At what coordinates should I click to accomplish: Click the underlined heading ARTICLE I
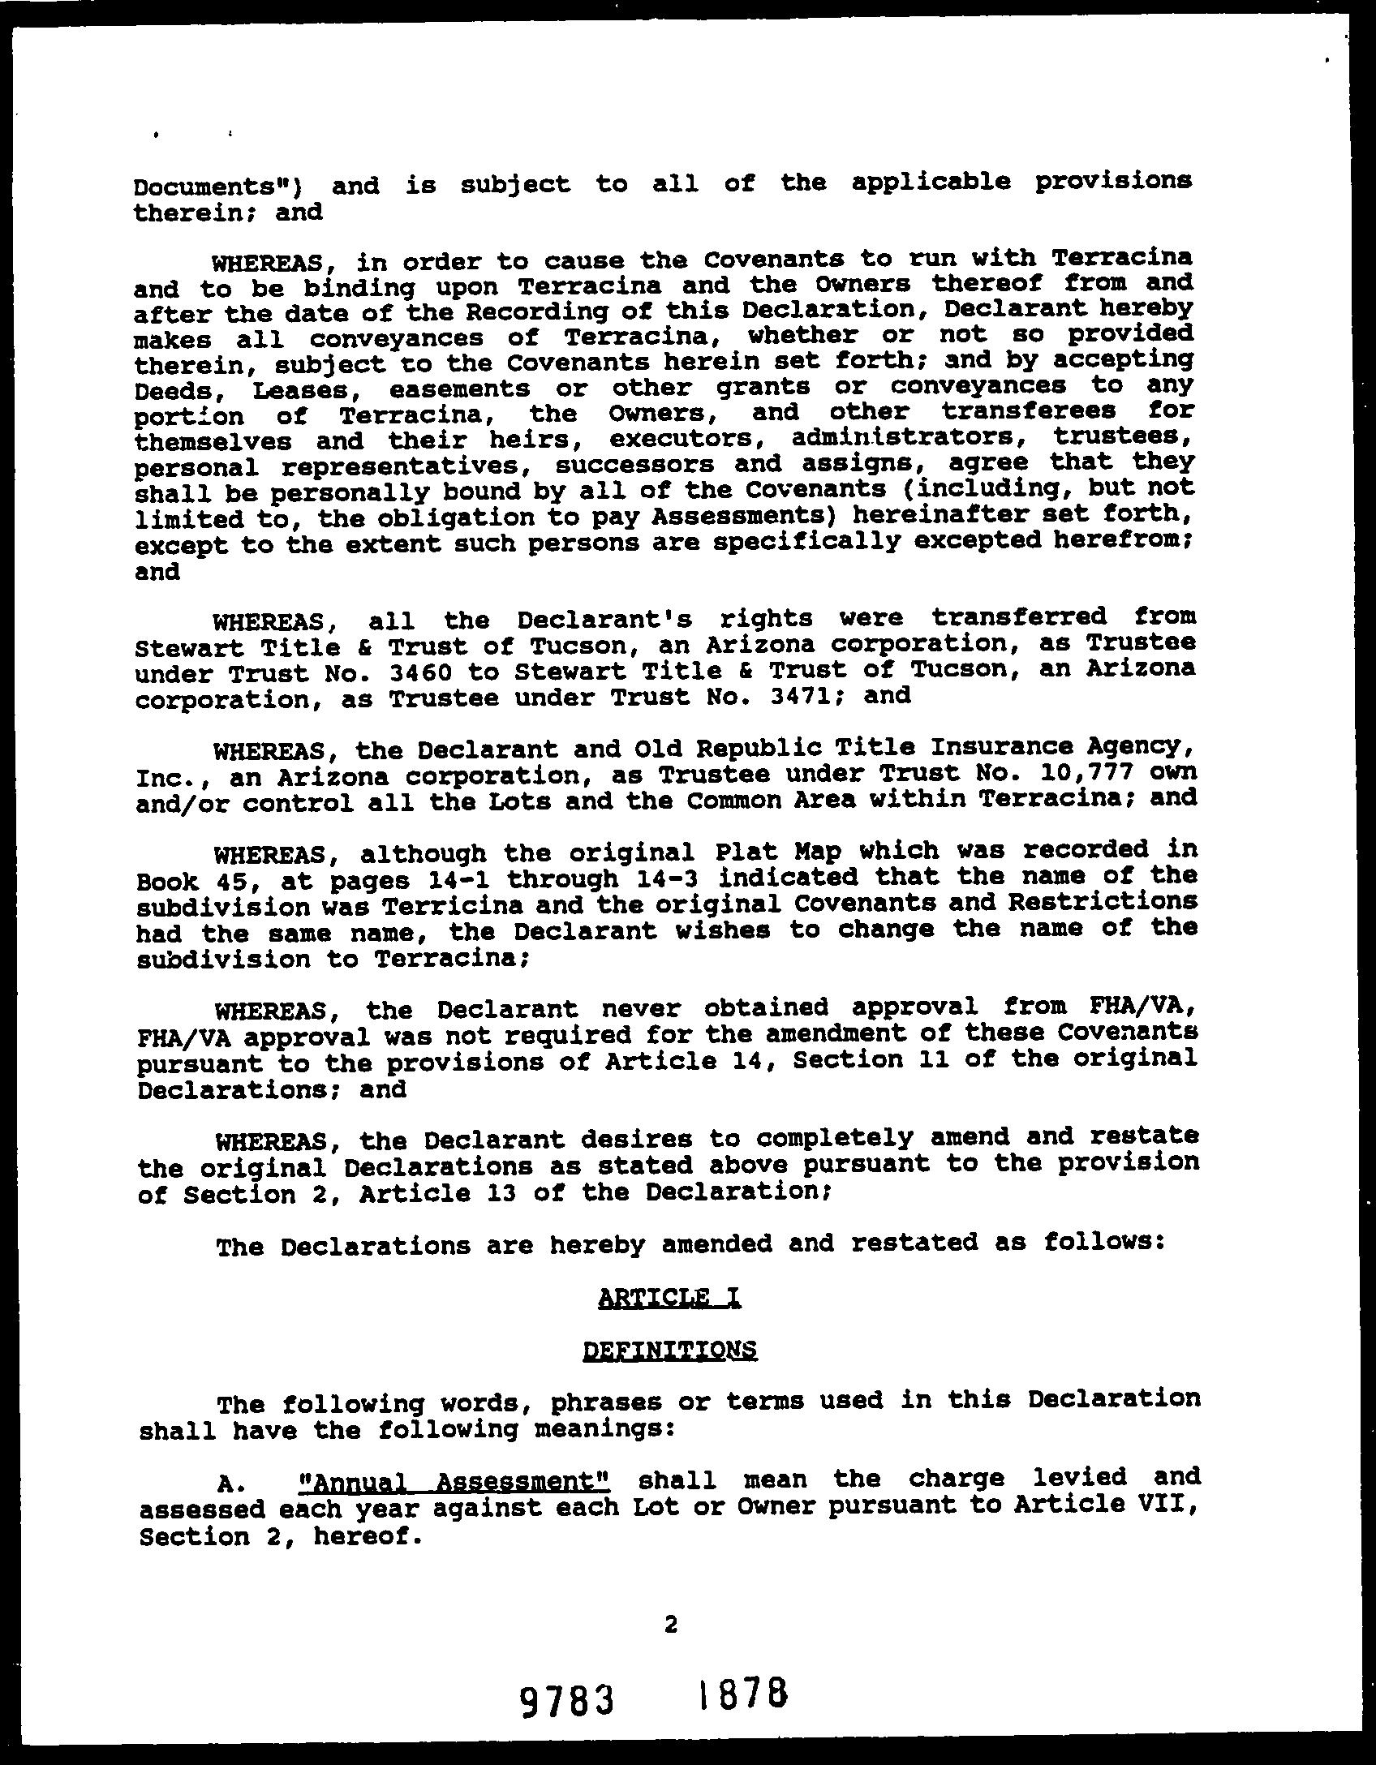[669, 1298]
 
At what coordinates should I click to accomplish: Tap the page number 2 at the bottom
[670, 1623]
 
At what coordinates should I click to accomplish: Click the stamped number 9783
[565, 1700]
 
